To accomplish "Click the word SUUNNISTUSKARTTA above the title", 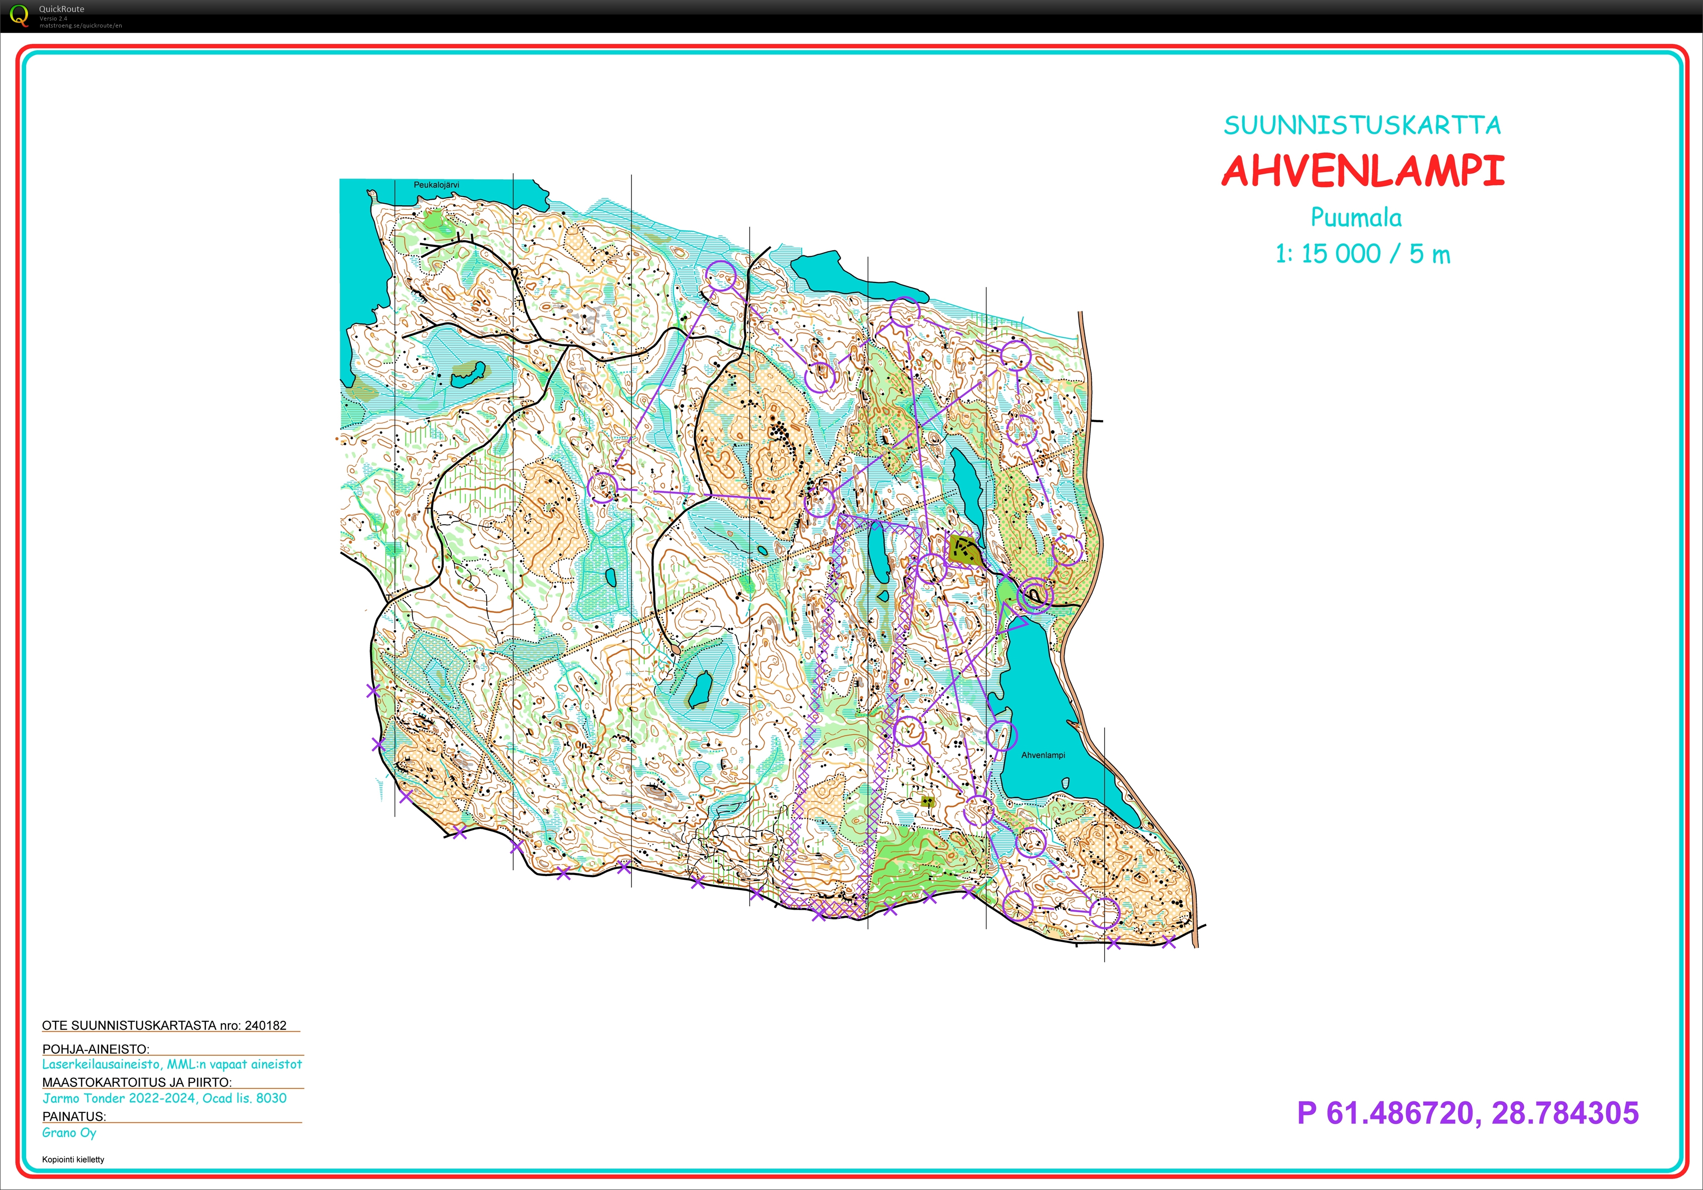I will [1362, 125].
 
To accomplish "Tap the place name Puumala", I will [1356, 217].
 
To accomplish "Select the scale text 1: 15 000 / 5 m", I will [1362, 254].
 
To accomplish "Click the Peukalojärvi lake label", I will [436, 185].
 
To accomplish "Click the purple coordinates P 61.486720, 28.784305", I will [1467, 1113].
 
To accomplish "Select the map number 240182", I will [265, 1025].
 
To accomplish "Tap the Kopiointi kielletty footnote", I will [73, 1159].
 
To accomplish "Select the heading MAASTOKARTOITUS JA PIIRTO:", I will [137, 1082].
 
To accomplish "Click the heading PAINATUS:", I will [74, 1116].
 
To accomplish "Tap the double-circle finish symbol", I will [1035, 595].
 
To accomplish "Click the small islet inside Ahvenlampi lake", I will [1065, 783].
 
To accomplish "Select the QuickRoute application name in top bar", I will [62, 9].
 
